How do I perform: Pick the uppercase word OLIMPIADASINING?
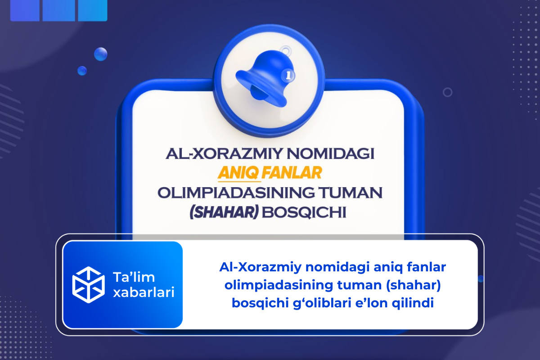coord(238,193)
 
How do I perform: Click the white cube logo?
coord(88,284)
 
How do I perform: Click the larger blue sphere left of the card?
coord(100,54)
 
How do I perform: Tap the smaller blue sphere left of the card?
coord(82,70)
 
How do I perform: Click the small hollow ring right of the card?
coord(447,92)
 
